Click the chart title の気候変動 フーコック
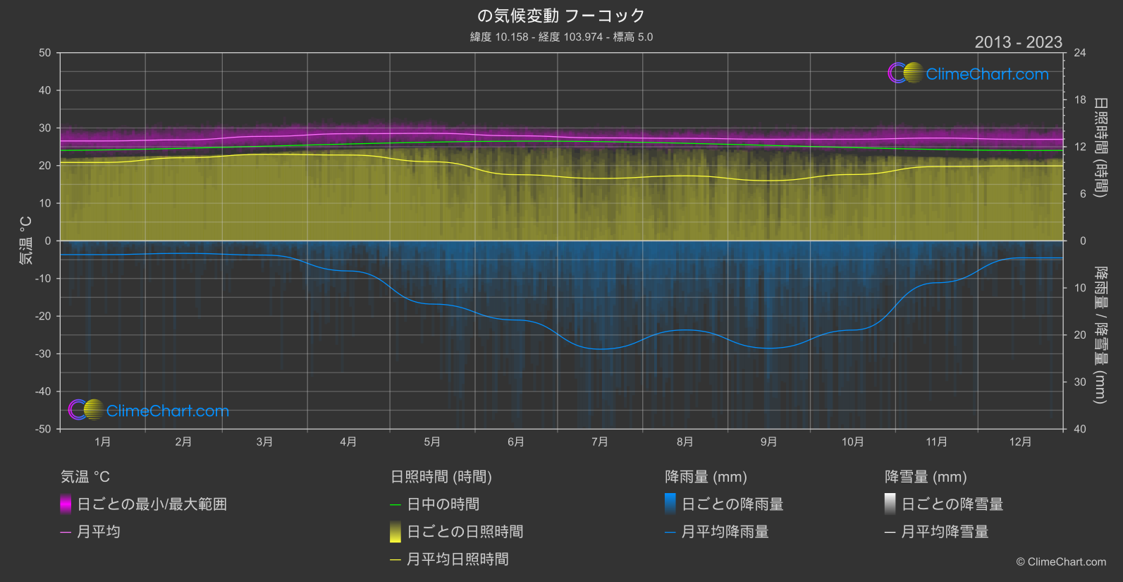point(561,16)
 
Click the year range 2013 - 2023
point(1018,42)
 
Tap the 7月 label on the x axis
point(599,442)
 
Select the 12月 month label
point(1020,442)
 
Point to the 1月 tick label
point(103,442)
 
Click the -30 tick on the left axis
point(44,354)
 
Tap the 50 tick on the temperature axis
point(45,53)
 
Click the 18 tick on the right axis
point(1080,100)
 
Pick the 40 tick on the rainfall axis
point(1080,429)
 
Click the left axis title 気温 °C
point(26,241)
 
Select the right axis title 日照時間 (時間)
point(1100,147)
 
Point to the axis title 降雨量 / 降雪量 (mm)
point(1100,335)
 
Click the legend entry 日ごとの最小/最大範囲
point(152,504)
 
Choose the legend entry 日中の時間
point(443,504)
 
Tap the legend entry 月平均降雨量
point(725,532)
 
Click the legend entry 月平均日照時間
point(458,559)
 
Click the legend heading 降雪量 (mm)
point(926,477)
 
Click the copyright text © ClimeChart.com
point(1061,562)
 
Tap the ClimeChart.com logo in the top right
point(969,73)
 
